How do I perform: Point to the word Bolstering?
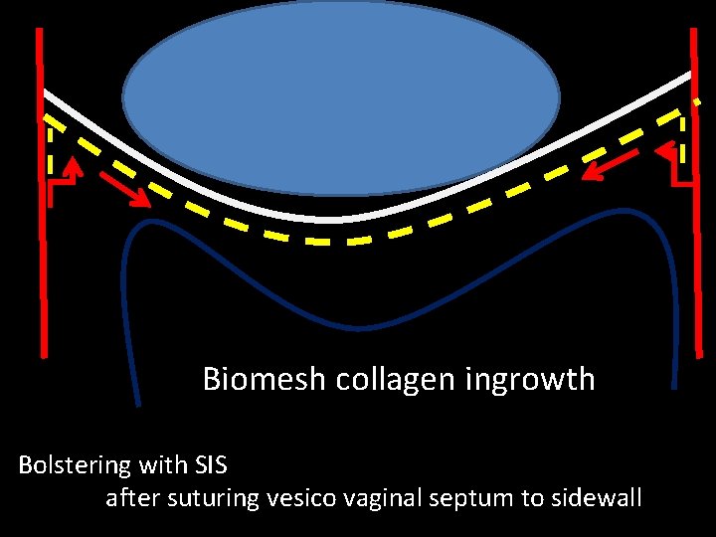(75, 465)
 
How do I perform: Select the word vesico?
(298, 497)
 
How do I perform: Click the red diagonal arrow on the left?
(125, 187)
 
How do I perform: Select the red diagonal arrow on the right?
(610, 165)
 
